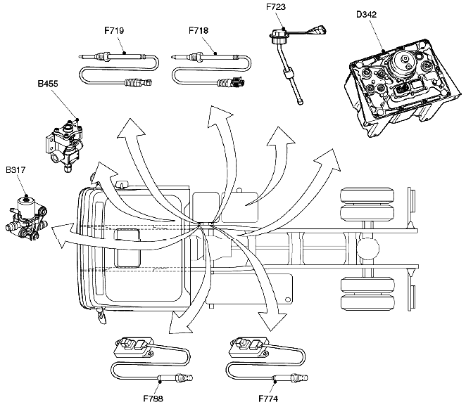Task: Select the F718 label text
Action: (x=199, y=32)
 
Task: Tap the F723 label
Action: (x=276, y=8)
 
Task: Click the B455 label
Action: (x=48, y=83)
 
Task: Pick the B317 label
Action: (x=16, y=170)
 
